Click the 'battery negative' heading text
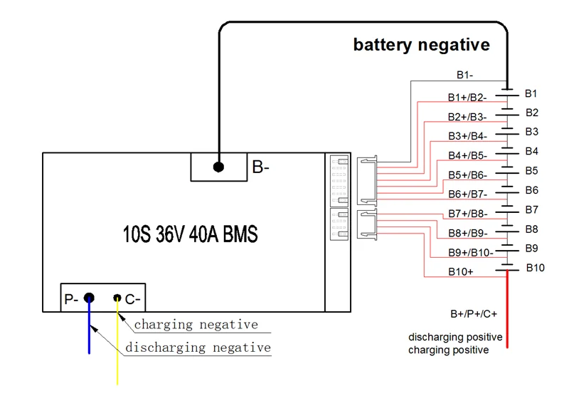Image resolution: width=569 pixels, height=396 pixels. (x=422, y=45)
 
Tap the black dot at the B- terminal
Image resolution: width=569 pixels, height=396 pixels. (x=218, y=167)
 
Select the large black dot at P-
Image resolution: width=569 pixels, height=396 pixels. (x=90, y=298)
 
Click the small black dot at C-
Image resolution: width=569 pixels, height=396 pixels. (x=117, y=299)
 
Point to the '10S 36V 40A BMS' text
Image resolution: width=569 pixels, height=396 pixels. (x=186, y=234)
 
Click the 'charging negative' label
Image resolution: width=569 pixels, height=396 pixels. (x=196, y=325)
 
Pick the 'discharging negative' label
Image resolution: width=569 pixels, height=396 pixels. (x=198, y=348)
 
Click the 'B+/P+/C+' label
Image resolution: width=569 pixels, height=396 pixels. (x=474, y=313)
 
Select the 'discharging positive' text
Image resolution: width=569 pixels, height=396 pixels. (x=455, y=337)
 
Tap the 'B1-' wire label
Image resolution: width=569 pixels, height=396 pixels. (x=464, y=74)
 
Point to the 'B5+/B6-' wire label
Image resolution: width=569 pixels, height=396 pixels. (x=467, y=174)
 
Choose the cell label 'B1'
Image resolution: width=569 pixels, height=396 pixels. (x=531, y=93)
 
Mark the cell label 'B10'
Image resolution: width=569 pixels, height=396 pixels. (x=535, y=268)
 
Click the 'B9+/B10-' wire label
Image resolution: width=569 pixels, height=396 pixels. (x=470, y=252)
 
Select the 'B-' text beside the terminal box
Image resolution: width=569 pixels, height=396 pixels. (x=261, y=168)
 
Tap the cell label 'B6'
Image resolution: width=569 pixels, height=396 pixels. (x=532, y=190)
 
